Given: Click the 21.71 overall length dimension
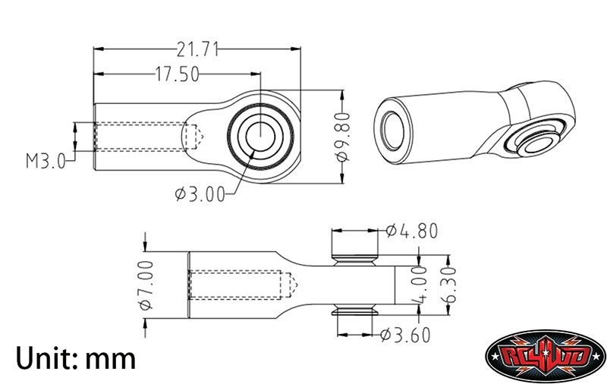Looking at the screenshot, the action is [x=197, y=49].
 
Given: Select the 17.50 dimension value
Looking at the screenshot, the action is [x=178, y=74].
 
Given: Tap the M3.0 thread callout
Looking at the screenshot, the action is [x=46, y=161].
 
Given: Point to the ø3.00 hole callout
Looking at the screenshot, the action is [x=200, y=194].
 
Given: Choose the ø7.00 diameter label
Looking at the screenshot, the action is [x=146, y=285].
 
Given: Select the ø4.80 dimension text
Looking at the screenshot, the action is [x=412, y=231].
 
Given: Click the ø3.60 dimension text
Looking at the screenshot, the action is [x=405, y=335].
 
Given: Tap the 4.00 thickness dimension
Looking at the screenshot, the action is [x=420, y=285].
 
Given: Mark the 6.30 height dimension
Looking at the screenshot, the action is [x=448, y=285].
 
